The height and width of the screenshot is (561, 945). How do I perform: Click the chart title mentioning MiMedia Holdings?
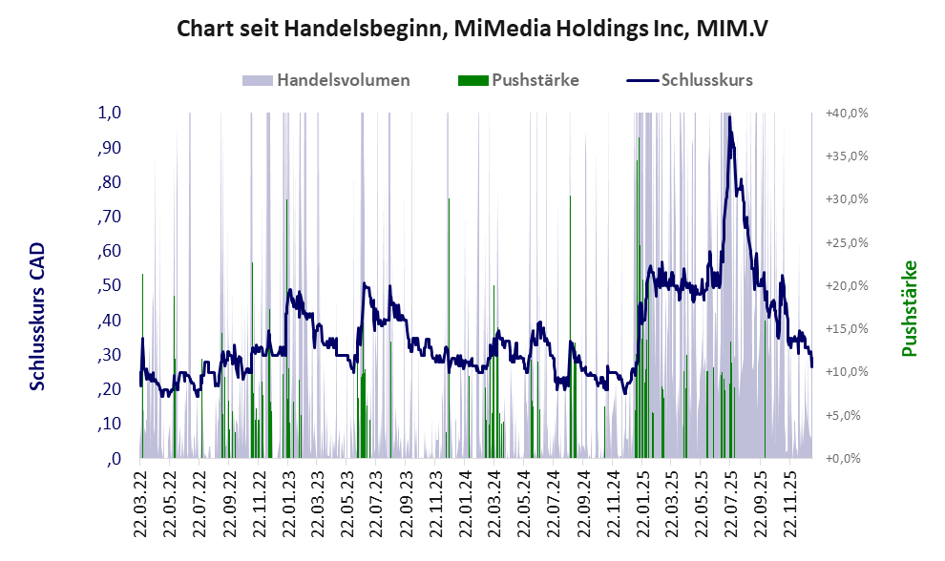(472, 30)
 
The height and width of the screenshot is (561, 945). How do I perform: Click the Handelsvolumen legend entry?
(343, 80)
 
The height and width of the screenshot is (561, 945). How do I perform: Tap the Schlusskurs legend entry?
(706, 80)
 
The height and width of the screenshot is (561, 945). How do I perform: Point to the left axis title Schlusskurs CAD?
(37, 316)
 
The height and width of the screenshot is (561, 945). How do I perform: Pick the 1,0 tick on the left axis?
(110, 113)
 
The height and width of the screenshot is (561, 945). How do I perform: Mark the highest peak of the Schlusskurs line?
(729, 117)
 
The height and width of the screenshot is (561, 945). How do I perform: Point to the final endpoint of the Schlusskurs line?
(811, 366)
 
